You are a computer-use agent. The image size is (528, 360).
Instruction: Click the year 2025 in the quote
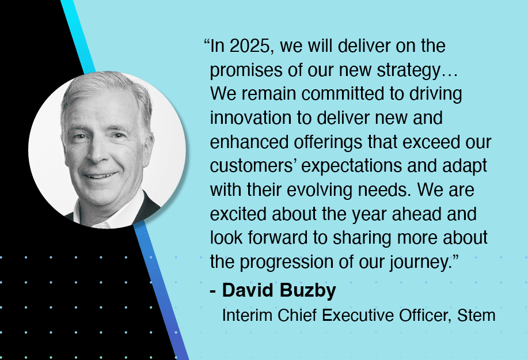coord(249,46)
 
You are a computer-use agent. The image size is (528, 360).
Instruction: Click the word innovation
coord(250,118)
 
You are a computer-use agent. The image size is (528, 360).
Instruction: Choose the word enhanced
coord(249,142)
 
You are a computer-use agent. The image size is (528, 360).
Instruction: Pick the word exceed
coord(431,142)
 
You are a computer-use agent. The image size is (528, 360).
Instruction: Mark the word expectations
coord(352,166)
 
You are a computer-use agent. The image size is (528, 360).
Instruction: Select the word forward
coord(278,237)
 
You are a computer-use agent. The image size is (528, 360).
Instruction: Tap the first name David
coord(248,290)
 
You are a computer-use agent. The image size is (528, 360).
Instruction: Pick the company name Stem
coord(476,316)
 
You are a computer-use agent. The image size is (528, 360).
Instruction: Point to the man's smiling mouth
coord(100,176)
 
